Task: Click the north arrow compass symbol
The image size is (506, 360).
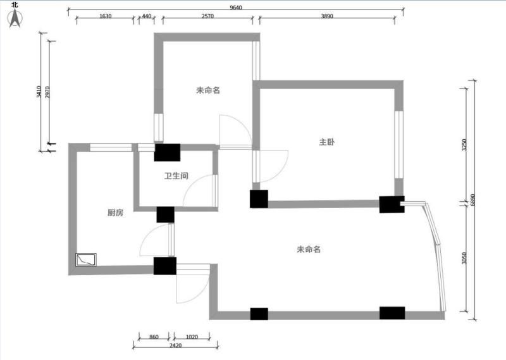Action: pos(15,18)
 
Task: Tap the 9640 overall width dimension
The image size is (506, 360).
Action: pos(236,8)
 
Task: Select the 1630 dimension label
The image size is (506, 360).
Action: pos(106,16)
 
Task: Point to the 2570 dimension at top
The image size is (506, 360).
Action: pos(207,16)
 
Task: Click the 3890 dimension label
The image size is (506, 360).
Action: pos(327,16)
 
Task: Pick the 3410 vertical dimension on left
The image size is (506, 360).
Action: pos(39,92)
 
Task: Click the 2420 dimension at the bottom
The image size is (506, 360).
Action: pos(175,345)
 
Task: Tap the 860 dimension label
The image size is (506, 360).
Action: pos(154,337)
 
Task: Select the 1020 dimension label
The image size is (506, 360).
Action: pos(193,337)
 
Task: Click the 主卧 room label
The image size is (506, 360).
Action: pos(326,142)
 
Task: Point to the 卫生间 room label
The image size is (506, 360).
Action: pos(176,177)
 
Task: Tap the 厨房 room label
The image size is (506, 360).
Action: pos(115,213)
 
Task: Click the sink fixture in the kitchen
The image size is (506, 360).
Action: pos(85,259)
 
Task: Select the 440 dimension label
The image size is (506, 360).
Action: pos(146,16)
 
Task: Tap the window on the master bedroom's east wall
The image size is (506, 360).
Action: pos(399,146)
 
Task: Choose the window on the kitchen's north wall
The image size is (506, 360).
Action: pos(111,148)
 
